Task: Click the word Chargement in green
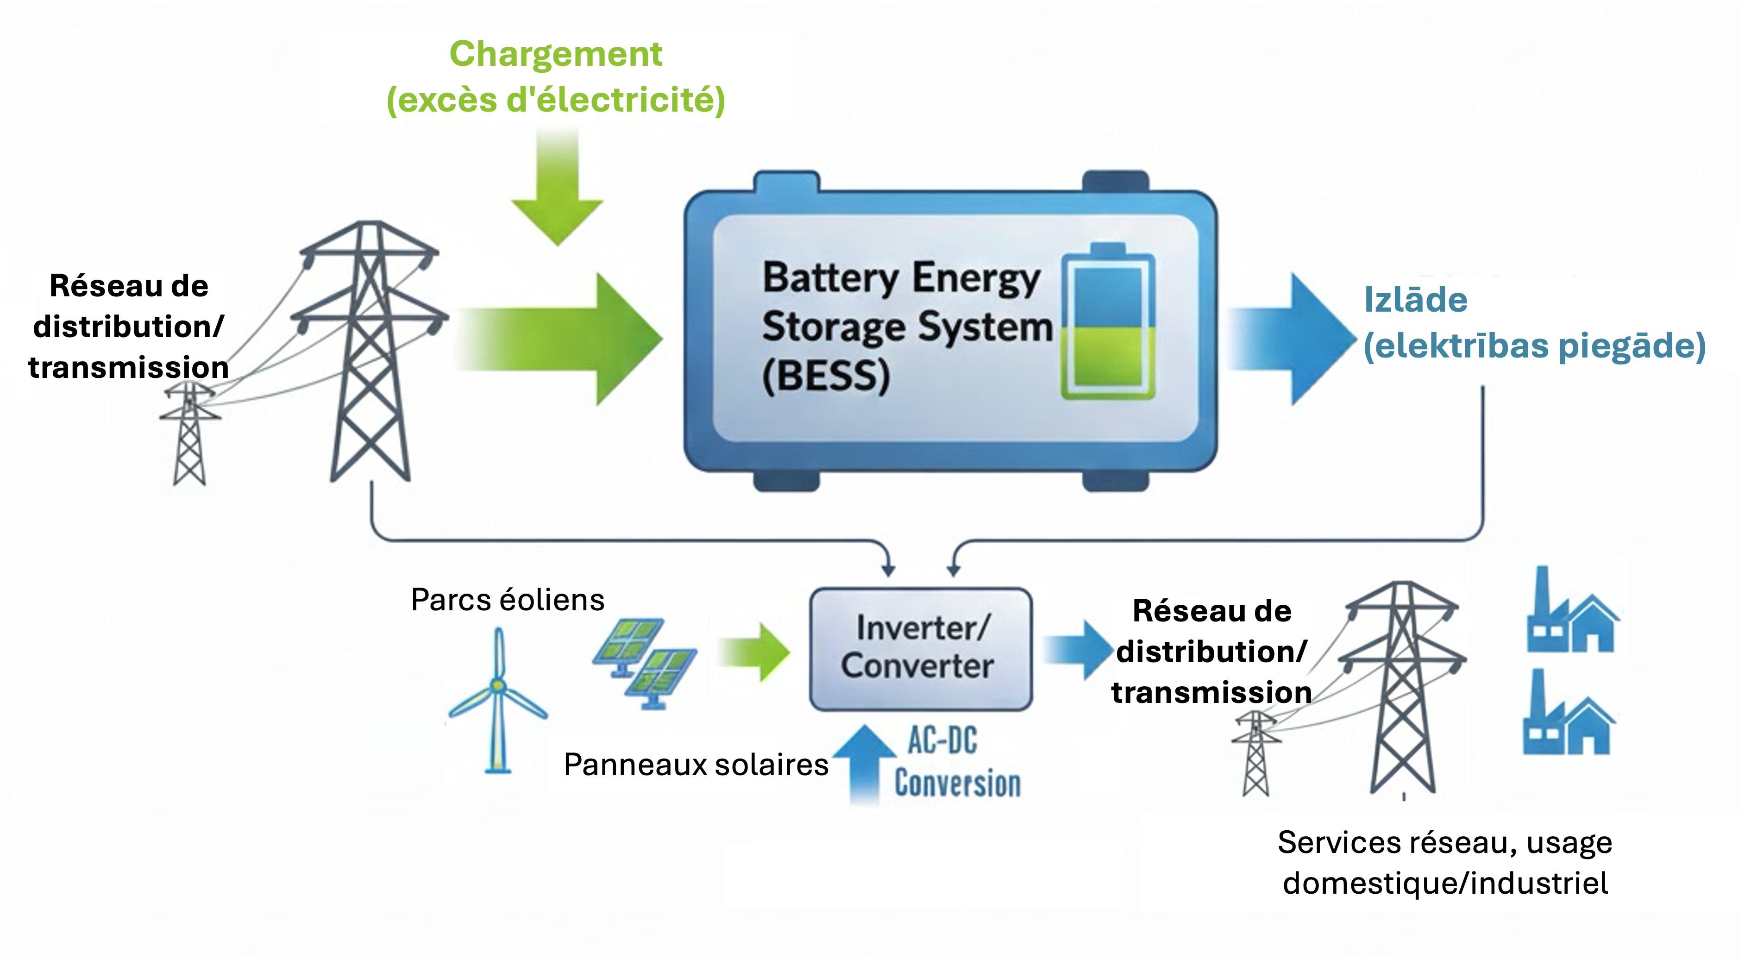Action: pos(555,54)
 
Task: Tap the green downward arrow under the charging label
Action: pos(558,187)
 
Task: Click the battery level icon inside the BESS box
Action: pos(1108,321)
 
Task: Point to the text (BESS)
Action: pos(826,376)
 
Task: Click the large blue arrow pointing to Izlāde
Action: pos(1292,339)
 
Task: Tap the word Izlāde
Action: pos(1416,300)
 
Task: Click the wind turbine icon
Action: pos(498,700)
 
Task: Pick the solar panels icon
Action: pos(644,663)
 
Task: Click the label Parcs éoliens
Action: pos(508,600)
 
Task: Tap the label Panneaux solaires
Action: pos(696,765)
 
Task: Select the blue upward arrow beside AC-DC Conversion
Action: pos(865,765)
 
